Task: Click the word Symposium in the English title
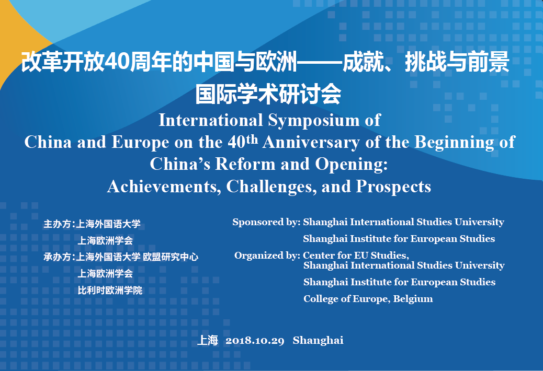click(314, 121)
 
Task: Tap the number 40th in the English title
click(243, 141)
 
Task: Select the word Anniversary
click(311, 143)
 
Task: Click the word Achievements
click(164, 187)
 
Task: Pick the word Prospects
click(393, 187)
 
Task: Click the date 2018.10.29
click(255, 341)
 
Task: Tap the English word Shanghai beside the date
click(318, 340)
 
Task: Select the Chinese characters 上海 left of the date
click(208, 340)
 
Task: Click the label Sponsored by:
click(266, 222)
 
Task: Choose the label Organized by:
click(267, 256)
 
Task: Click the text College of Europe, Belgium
click(368, 299)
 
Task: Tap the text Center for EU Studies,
click(356, 255)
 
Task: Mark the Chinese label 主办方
click(57, 224)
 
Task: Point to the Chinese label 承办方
click(57, 257)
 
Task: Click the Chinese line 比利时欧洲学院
click(110, 290)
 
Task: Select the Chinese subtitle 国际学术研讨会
click(268, 94)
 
